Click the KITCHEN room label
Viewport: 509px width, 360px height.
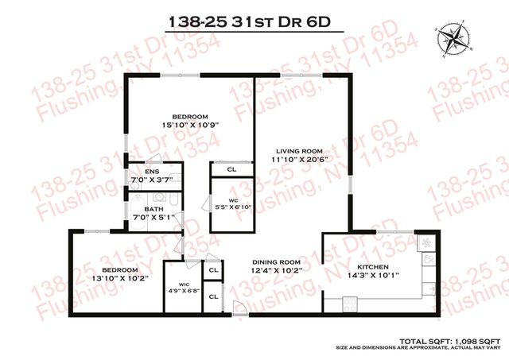(372, 267)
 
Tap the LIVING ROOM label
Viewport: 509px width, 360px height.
(298, 150)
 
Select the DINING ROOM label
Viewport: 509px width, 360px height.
(276, 262)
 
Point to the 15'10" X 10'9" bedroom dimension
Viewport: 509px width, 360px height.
(189, 124)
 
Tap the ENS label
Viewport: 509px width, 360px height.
(151, 172)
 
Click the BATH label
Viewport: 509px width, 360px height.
(153, 208)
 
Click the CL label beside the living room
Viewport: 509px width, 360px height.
(231, 169)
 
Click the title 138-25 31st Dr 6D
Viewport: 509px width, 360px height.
(254, 22)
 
